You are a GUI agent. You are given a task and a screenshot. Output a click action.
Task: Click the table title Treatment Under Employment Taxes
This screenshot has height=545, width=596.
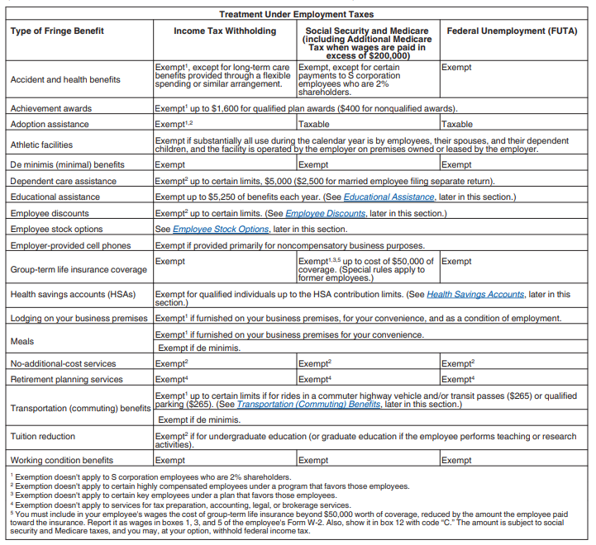pyautogui.click(x=296, y=14)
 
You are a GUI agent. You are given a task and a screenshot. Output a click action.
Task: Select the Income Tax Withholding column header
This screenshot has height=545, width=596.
pyautogui.click(x=224, y=31)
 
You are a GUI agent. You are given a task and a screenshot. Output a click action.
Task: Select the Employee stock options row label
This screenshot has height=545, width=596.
pyautogui.click(x=56, y=229)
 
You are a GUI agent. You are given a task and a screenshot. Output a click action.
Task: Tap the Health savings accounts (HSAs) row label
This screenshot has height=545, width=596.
pyautogui.click(x=73, y=294)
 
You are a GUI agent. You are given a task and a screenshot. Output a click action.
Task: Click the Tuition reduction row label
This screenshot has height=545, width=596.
pyautogui.click(x=43, y=437)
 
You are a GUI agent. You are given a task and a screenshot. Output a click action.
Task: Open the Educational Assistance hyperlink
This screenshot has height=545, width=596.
pyautogui.click(x=389, y=197)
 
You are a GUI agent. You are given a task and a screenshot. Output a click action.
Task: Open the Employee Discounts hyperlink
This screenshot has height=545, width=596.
pyautogui.click(x=325, y=213)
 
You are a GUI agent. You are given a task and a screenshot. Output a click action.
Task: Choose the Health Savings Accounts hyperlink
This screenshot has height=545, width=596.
pyautogui.click(x=475, y=294)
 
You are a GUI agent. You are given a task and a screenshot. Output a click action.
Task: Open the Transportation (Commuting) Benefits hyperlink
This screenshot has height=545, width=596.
pyautogui.click(x=308, y=405)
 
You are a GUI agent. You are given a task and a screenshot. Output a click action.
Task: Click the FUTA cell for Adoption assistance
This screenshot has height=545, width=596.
pyautogui.click(x=456, y=125)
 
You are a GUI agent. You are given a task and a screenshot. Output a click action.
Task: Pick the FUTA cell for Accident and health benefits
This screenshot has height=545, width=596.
pyautogui.click(x=456, y=68)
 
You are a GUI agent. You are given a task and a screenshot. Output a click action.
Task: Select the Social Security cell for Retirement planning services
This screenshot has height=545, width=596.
pyautogui.click(x=314, y=380)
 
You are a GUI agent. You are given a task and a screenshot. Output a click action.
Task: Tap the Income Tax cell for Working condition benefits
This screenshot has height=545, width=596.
pyautogui.click(x=170, y=461)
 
